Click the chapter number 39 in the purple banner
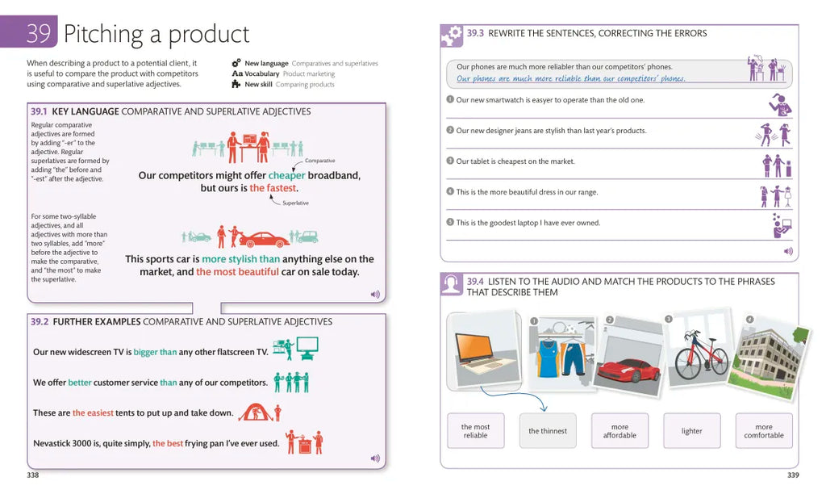point(39,32)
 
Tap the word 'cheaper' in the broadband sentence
point(286,175)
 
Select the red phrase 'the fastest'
point(273,188)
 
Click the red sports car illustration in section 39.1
point(264,240)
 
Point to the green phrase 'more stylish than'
point(240,259)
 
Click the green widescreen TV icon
point(307,347)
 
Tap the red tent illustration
point(256,412)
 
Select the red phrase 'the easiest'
point(93,412)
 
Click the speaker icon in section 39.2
point(375,458)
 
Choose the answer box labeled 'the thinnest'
point(548,431)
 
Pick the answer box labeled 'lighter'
point(691,431)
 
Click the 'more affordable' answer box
point(619,431)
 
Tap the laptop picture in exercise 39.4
point(484,351)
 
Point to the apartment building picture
point(770,357)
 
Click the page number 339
point(793,475)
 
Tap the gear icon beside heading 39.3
point(452,36)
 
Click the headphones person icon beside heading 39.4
point(452,284)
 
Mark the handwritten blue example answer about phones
point(570,79)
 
